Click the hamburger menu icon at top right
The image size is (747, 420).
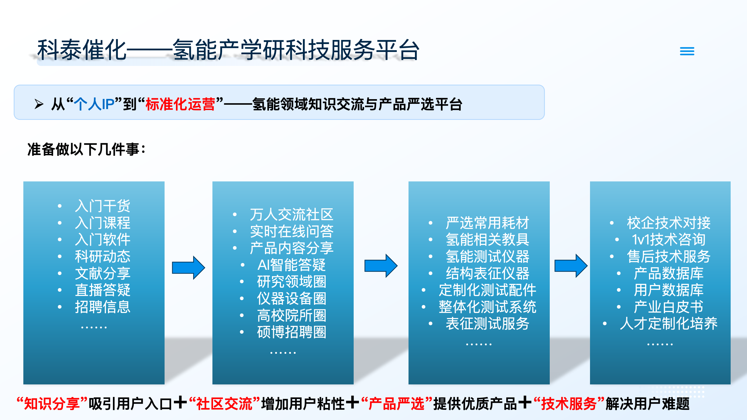click(687, 51)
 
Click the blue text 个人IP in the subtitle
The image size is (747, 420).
click(94, 104)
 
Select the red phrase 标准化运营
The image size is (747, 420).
click(180, 104)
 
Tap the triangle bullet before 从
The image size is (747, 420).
click(39, 104)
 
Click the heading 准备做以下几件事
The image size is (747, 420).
click(86, 149)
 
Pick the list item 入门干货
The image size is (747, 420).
click(102, 206)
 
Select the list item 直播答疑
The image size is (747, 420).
click(102, 290)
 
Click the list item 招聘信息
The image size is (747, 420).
click(102, 307)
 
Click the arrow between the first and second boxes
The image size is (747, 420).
click(189, 268)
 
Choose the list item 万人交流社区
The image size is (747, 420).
click(291, 215)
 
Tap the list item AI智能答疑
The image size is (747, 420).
click(291, 265)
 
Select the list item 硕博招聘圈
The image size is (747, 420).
click(291, 332)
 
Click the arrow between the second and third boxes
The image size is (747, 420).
click(381, 265)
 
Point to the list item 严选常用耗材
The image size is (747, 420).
click(487, 223)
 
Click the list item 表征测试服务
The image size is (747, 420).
click(487, 323)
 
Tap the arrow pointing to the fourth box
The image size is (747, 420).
click(571, 265)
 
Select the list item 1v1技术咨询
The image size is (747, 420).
click(668, 240)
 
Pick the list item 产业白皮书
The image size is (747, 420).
click(668, 307)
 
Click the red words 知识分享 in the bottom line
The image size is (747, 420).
click(52, 404)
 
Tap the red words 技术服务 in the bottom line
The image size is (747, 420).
click(569, 404)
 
